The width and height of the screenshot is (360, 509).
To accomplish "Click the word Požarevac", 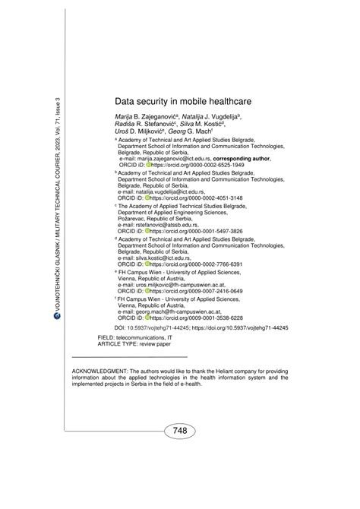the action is click(x=138, y=219).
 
